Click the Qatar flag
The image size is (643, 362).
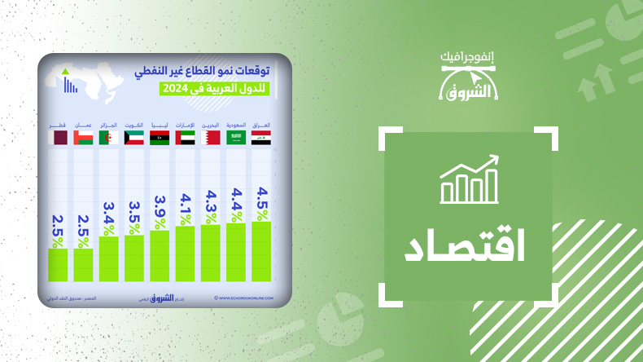click(x=58, y=139)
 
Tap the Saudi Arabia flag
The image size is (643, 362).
click(x=236, y=139)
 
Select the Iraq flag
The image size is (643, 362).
click(x=261, y=139)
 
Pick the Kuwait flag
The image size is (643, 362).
click(x=134, y=139)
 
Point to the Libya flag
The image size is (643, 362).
click(x=160, y=139)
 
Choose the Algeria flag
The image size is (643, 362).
click(x=108, y=139)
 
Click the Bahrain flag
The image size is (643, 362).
click(x=211, y=139)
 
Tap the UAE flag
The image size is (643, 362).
click(x=185, y=139)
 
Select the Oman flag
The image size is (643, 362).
click(x=83, y=139)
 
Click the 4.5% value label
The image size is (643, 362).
click(x=261, y=203)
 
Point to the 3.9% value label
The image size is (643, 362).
click(x=160, y=213)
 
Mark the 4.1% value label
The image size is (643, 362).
click(x=185, y=209)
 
